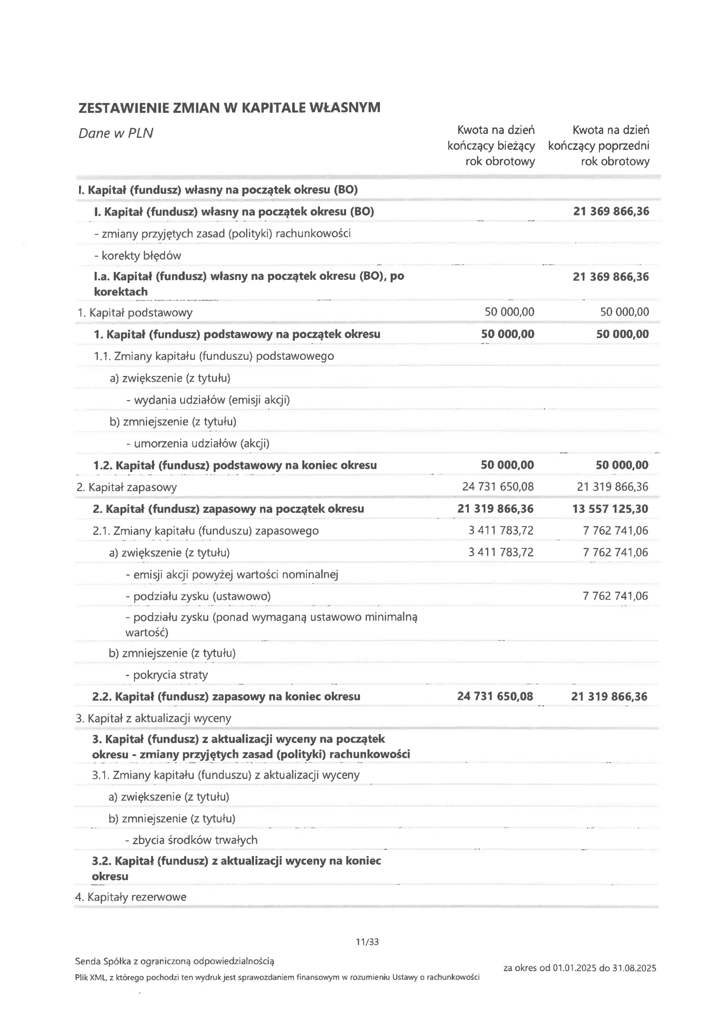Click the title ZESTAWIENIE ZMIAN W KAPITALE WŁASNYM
click(229, 108)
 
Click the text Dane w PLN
click(116, 133)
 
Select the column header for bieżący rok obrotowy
click(491, 146)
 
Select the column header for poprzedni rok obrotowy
click(599, 146)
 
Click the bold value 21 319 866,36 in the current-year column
click(495, 509)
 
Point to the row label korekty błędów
click(138, 256)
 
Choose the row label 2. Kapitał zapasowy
click(126, 488)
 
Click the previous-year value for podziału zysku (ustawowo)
click(616, 596)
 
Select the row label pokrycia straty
click(167, 675)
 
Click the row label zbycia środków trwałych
click(191, 840)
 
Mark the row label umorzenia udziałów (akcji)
click(198, 444)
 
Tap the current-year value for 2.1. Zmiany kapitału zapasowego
click(501, 531)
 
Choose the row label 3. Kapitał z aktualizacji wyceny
click(153, 719)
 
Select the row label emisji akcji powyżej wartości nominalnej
click(232, 575)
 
